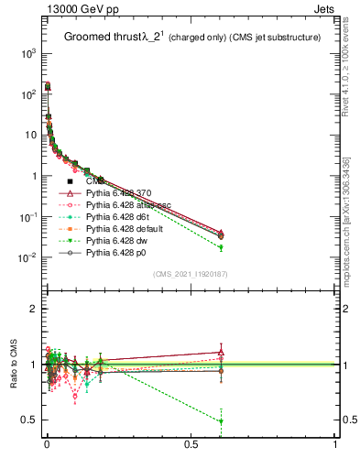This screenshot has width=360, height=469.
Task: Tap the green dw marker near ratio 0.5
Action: [221, 421]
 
